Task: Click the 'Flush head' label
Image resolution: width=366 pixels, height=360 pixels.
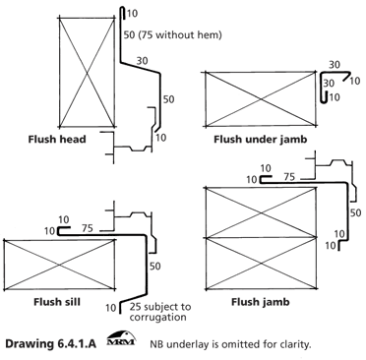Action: [x=57, y=140]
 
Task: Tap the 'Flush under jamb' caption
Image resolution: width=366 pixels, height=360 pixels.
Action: [x=261, y=140]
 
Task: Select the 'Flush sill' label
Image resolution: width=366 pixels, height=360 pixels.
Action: [x=57, y=302]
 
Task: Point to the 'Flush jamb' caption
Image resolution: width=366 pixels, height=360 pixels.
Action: [x=261, y=302]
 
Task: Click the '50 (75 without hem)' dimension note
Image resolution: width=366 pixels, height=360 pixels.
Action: [x=173, y=34]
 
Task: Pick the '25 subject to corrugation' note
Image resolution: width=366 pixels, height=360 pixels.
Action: [x=159, y=312]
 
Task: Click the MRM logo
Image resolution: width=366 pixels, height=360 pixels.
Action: [x=121, y=339]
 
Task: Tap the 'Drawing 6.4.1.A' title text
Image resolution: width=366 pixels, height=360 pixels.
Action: [x=51, y=344]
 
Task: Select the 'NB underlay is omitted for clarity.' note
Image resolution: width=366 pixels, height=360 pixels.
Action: [x=230, y=344]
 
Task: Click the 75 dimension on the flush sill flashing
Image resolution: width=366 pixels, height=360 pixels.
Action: [x=88, y=228]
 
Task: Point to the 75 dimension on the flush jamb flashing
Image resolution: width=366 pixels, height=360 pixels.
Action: [x=289, y=177]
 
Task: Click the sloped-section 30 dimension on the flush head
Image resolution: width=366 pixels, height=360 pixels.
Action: [x=142, y=61]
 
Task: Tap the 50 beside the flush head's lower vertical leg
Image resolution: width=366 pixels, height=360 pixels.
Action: [x=168, y=99]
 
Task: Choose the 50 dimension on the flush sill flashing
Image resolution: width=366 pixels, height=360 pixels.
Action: [x=155, y=266]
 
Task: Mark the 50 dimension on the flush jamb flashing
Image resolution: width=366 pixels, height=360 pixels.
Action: [x=355, y=212]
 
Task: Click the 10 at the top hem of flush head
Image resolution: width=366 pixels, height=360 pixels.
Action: [x=132, y=14]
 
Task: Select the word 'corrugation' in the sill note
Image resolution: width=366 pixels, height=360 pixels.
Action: [x=157, y=317]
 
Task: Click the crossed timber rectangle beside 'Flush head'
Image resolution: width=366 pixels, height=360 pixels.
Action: [x=87, y=72]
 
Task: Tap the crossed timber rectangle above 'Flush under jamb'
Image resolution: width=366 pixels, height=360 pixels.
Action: [x=261, y=98]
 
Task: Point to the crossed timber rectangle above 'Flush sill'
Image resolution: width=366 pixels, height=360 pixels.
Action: [x=60, y=265]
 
